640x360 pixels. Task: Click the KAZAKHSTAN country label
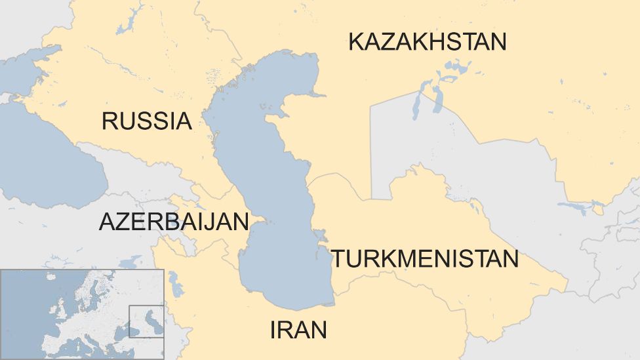click(x=428, y=42)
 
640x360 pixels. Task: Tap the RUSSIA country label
click(x=146, y=121)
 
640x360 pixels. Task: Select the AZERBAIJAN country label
click(x=174, y=222)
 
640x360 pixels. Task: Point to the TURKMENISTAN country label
click(x=424, y=259)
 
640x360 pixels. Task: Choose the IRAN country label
click(x=298, y=330)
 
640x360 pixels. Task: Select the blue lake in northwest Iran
click(x=176, y=284)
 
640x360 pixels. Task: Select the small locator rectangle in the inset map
click(x=146, y=321)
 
